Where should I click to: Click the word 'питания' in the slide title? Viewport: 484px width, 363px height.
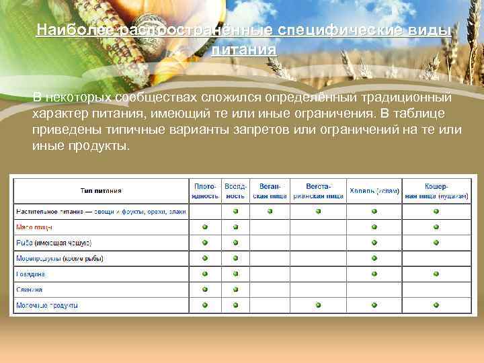point(243,50)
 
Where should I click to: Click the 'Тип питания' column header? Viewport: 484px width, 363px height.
point(101,191)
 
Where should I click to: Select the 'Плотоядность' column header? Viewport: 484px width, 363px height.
point(205,190)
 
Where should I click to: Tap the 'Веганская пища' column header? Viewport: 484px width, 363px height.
point(270,190)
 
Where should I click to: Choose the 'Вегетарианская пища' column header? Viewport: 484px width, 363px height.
point(318,190)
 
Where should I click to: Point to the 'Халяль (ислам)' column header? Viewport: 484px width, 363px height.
point(374,191)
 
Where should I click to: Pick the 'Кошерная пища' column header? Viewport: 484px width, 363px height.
point(436,190)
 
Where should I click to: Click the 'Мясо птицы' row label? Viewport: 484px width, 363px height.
point(34,227)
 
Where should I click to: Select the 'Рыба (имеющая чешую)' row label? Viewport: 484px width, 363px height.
point(53,243)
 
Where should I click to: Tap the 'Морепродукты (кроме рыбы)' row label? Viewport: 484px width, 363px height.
point(59,258)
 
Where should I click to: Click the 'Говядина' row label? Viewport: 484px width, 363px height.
point(30,274)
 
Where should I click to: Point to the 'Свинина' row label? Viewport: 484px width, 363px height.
point(29,289)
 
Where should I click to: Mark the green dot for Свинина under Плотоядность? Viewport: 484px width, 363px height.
point(205,289)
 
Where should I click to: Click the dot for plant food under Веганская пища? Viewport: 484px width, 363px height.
point(270,211)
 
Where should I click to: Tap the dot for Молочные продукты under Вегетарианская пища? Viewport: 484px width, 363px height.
point(318,305)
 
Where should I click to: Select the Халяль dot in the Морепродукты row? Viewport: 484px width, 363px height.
point(374,258)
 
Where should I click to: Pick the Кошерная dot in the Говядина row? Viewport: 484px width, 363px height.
point(436,274)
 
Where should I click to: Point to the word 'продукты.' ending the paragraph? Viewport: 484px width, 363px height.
point(105,145)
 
